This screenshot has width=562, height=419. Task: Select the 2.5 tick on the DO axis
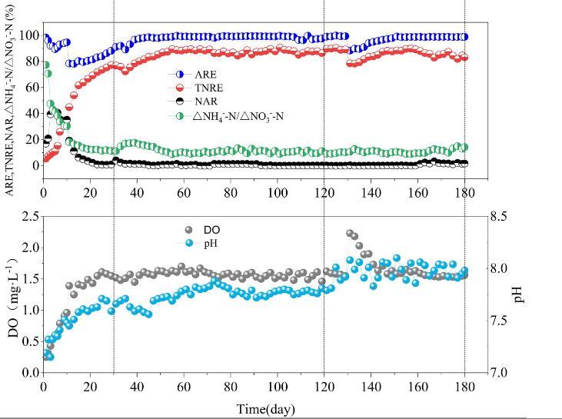coord(30,217)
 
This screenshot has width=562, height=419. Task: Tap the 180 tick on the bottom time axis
coord(465,387)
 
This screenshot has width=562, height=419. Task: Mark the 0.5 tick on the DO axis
coord(30,341)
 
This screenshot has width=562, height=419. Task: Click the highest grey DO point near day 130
coord(350,233)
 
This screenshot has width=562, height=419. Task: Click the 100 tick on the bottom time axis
coord(278,387)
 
